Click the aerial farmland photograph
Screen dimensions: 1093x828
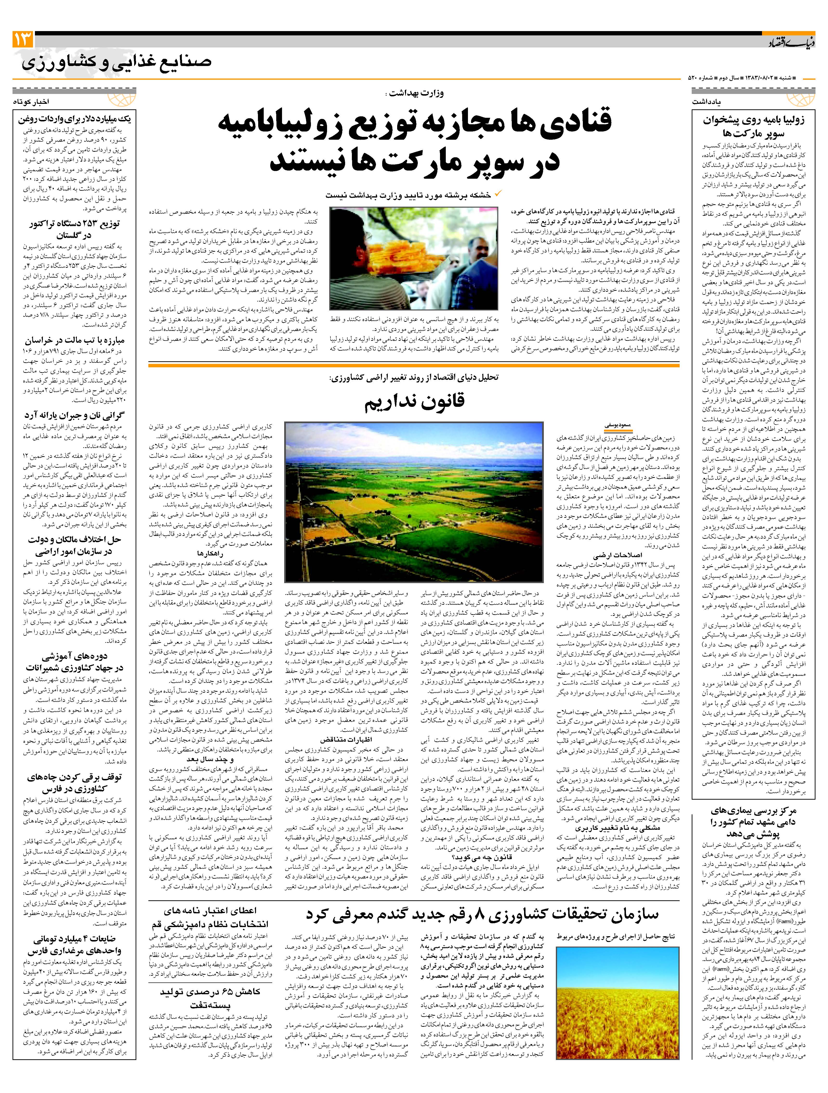click(414, 501)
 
